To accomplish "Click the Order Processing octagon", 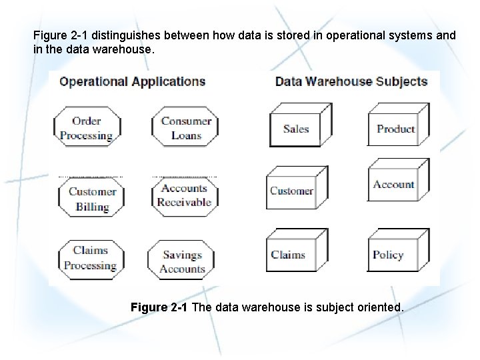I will (x=87, y=128).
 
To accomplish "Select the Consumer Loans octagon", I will (x=186, y=128).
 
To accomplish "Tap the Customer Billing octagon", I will (x=92, y=199).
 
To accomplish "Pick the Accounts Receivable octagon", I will (x=185, y=196).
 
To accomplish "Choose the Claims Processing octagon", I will (x=90, y=258).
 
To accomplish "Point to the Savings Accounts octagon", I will (x=182, y=262).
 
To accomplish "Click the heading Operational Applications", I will (x=132, y=82).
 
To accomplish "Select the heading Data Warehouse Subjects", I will (x=351, y=82).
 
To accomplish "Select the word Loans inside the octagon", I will (x=186, y=135).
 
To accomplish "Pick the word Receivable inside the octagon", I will (x=185, y=203).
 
